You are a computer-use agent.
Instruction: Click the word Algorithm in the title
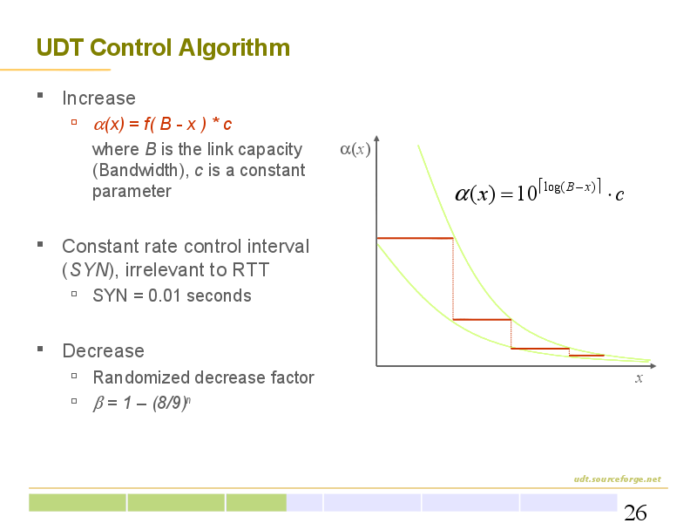(234, 49)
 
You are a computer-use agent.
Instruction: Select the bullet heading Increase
(98, 98)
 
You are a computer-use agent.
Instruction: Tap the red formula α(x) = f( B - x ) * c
(163, 124)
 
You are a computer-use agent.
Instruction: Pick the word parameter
(132, 192)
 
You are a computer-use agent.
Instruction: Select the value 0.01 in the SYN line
(165, 295)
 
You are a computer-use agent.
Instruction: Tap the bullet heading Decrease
(103, 351)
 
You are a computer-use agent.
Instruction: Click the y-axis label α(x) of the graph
(355, 149)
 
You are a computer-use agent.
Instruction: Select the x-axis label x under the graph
(639, 378)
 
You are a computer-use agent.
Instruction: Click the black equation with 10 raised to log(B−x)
(539, 191)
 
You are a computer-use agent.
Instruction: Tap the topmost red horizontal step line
(415, 238)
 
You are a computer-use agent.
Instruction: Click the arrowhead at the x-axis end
(653, 366)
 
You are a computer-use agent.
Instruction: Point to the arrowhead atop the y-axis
(376, 139)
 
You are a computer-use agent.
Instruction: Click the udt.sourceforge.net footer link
(617, 479)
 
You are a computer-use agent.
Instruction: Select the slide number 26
(635, 513)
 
